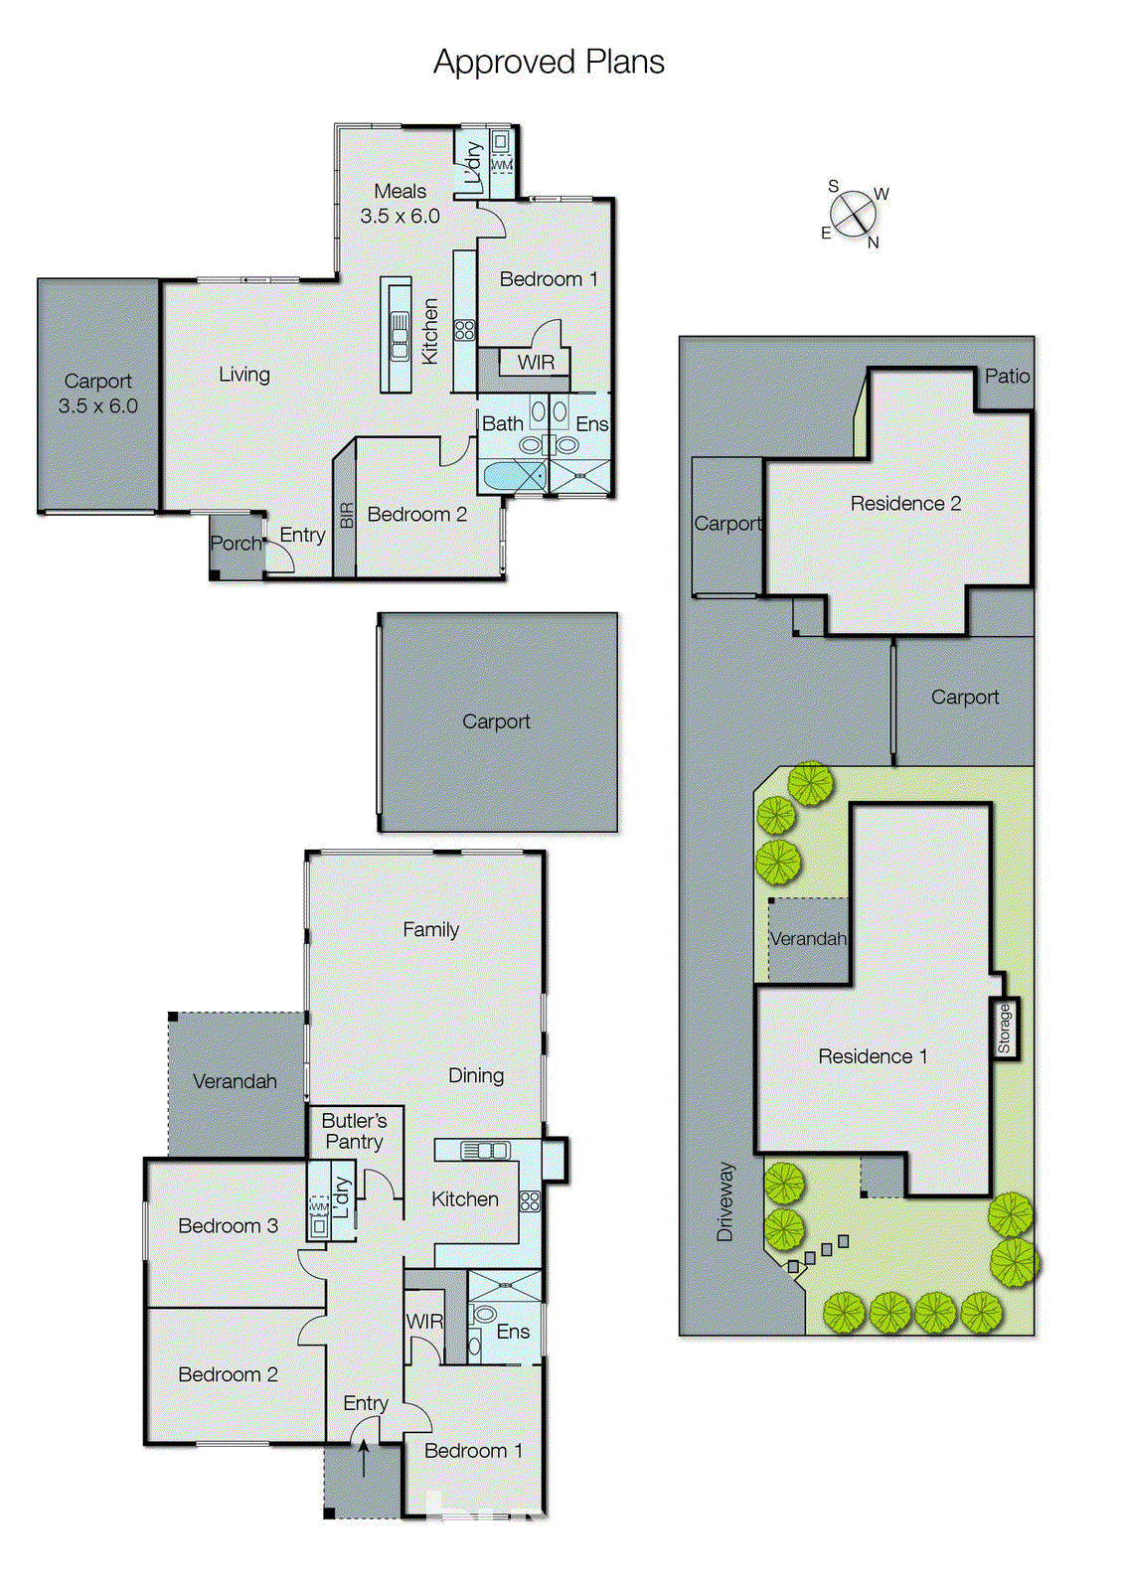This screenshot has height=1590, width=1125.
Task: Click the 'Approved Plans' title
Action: point(549,63)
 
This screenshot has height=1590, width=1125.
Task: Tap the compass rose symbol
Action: point(853,215)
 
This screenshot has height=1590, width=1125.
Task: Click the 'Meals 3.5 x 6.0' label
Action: point(400,204)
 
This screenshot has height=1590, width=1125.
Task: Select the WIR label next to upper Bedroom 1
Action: point(536,363)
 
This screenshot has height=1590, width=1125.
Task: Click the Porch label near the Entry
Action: point(236,544)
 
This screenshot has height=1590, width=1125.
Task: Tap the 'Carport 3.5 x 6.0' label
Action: point(97,394)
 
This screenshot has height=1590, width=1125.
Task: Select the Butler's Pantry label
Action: point(354,1131)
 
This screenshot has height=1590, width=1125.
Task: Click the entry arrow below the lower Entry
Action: point(364,1458)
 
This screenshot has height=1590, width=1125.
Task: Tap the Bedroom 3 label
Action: point(228,1225)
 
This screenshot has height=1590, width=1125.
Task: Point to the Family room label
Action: point(430,929)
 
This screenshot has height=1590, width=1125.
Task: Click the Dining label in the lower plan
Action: point(475,1075)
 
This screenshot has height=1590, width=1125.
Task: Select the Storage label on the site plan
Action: point(1004,1029)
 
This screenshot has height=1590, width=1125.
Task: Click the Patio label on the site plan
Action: point(1007,376)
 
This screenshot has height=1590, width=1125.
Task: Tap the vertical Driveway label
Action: point(724,1201)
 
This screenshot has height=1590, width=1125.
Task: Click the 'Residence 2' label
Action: point(905,503)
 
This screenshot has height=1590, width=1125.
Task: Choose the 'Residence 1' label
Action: point(873,1056)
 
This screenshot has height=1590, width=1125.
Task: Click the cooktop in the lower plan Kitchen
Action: point(530,1200)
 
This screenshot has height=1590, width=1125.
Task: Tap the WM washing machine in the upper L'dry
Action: point(502,165)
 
